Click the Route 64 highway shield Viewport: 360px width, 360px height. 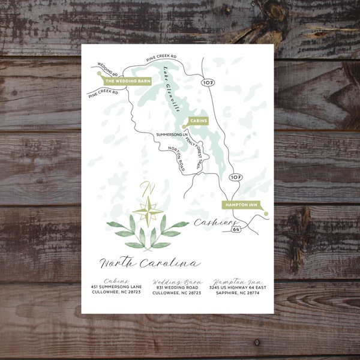[236, 229]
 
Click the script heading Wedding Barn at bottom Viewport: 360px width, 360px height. [177, 281]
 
